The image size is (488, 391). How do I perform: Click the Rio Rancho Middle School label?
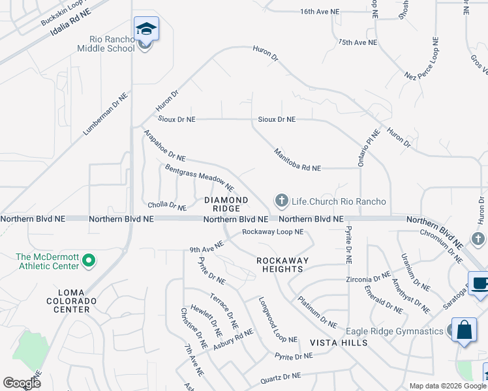(106, 43)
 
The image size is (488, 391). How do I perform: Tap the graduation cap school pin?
(146, 30)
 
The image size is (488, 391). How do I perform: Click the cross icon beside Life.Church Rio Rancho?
(282, 201)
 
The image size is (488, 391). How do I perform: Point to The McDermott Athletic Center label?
(47, 261)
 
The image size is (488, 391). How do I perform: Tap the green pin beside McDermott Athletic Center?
(89, 261)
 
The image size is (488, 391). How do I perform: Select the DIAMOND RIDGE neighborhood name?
(226, 204)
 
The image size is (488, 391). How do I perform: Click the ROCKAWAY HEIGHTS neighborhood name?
(280, 265)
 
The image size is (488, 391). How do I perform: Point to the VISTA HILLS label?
(339, 343)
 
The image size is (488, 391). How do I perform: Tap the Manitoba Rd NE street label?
(297, 159)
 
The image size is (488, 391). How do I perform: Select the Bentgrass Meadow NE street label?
(199, 177)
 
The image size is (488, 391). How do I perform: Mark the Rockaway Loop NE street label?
(273, 231)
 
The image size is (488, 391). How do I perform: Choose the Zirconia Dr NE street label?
(368, 279)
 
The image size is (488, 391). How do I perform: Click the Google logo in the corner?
(22, 383)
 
